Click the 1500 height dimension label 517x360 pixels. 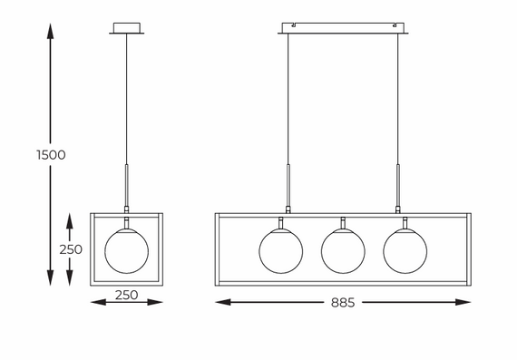51,155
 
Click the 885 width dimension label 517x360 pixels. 343,303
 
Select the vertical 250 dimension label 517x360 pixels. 71,249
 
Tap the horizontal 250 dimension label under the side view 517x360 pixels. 127,295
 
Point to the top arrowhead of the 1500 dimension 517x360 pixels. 50,32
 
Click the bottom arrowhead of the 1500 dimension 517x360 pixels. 50,277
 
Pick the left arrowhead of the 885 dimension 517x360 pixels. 223,302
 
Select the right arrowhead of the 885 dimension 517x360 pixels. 463,302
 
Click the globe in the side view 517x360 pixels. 127,251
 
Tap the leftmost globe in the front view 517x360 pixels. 281,251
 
